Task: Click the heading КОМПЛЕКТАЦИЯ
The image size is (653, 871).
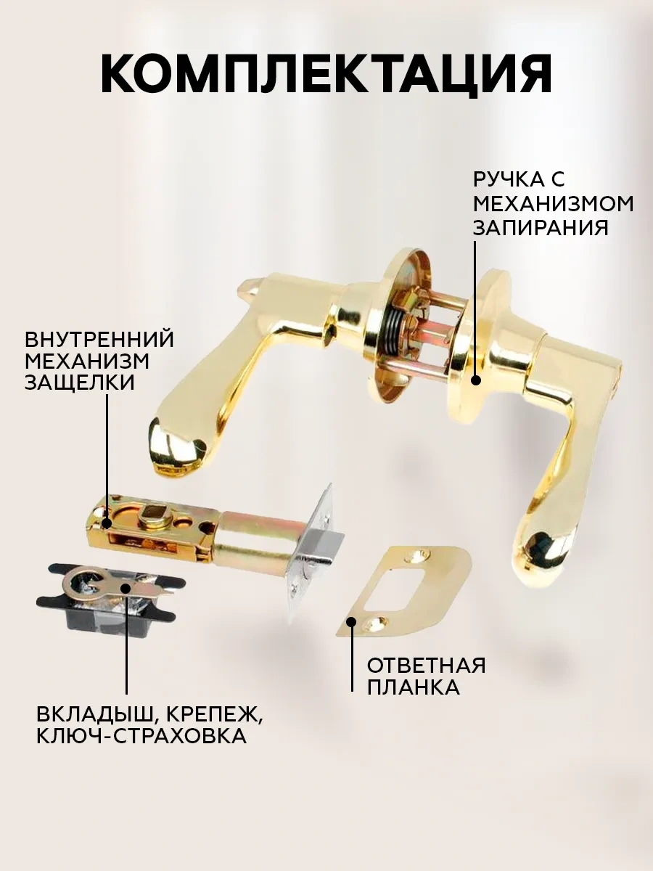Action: click(326, 75)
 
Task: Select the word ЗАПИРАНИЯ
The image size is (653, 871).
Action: click(541, 228)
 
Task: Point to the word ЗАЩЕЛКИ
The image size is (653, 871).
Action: click(80, 383)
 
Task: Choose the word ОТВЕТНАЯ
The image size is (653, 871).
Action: click(426, 632)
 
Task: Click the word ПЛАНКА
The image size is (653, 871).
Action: click(414, 655)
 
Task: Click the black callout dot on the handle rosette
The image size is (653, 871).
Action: click(476, 380)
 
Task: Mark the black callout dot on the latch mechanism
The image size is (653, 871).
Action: click(106, 523)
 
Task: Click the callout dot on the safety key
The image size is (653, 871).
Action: click(126, 588)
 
